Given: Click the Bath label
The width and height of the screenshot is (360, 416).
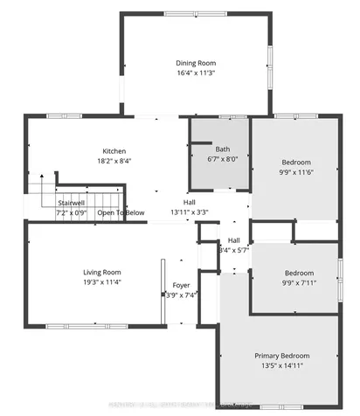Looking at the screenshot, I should click(x=223, y=149).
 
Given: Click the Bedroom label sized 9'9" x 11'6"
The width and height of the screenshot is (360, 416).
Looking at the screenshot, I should click(x=297, y=163).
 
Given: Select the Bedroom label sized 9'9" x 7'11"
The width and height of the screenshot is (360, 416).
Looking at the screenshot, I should click(x=297, y=273).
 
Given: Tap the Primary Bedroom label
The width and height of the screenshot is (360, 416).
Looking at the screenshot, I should click(x=282, y=356).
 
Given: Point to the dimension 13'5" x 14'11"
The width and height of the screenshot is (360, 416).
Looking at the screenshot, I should click(x=282, y=366).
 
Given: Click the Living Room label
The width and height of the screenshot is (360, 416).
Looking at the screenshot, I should click(x=102, y=273).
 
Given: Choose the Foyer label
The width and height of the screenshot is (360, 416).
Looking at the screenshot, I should click(x=181, y=285).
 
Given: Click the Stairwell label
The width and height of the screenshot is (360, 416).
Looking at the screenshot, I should click(x=71, y=202).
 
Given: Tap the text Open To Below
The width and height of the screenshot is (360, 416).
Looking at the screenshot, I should click(x=121, y=212).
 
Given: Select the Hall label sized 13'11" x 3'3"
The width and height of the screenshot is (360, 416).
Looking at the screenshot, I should click(x=189, y=201).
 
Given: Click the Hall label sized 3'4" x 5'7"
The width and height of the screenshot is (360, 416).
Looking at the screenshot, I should click(x=234, y=240).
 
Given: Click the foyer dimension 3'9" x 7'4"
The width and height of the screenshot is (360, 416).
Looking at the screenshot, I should click(x=182, y=295).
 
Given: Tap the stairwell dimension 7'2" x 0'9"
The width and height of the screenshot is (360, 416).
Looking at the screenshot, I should click(x=73, y=212).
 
